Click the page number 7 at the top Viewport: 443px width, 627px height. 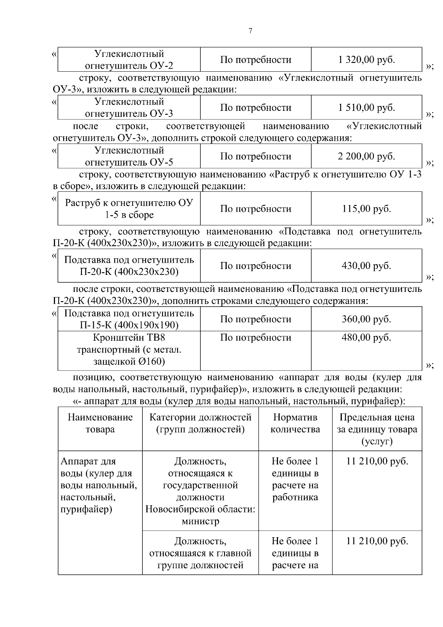(x=251, y=31)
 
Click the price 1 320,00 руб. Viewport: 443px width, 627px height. (x=366, y=59)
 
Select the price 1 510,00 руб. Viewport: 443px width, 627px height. (x=366, y=108)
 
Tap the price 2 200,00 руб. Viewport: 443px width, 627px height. (x=366, y=156)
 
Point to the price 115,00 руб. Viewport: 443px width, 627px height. (x=366, y=209)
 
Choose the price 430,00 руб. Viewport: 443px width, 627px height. (x=366, y=266)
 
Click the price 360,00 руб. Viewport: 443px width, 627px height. (x=366, y=319)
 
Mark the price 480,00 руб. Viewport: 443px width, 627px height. (x=366, y=337)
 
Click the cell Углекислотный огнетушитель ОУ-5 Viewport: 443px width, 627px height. (x=129, y=156)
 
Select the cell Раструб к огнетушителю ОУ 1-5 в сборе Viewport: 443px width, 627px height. (x=129, y=209)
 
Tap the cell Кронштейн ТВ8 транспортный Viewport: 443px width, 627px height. (x=129, y=350)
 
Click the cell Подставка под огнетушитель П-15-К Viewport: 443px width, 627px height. (x=129, y=319)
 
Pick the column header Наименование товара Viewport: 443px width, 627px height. (x=100, y=423)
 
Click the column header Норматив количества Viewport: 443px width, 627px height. (x=295, y=423)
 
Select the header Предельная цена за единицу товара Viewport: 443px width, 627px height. (x=377, y=429)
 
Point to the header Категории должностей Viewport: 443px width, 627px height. (x=200, y=423)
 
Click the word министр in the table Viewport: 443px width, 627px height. (x=200, y=521)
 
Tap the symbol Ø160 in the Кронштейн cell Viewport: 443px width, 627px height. (x=151, y=361)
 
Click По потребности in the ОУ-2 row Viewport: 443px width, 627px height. (x=255, y=59)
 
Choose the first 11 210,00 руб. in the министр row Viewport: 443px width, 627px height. (x=377, y=461)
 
